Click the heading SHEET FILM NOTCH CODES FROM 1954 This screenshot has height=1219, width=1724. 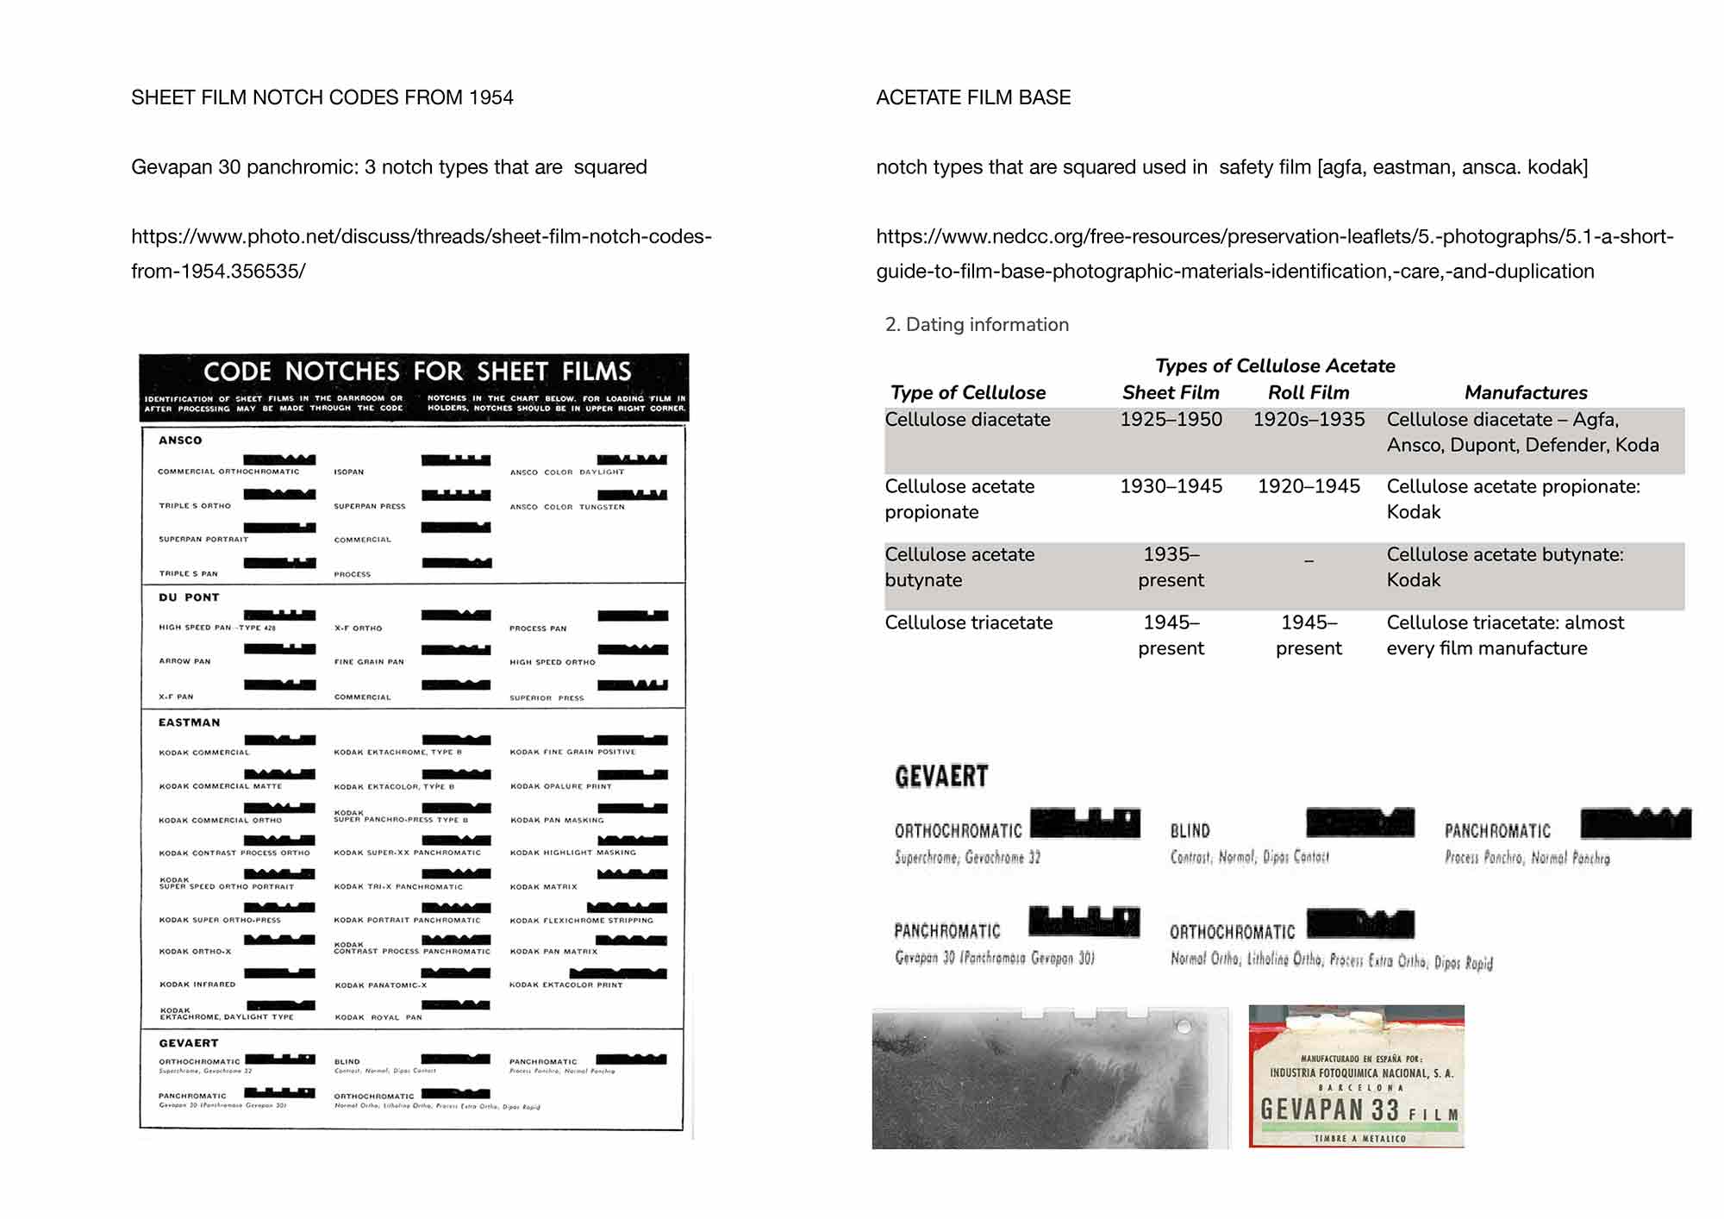coord(322,97)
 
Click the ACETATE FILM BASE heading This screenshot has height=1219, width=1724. coord(973,97)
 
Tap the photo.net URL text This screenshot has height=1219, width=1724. coord(421,253)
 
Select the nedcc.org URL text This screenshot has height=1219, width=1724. coord(1274,253)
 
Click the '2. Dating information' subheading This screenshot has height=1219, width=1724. coord(977,324)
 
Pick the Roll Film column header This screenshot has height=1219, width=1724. coord(1308,392)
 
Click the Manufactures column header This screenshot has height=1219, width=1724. coord(1525,392)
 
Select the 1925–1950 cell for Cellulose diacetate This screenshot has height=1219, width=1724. coord(1171,419)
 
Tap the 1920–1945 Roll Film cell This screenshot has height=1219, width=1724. coord(1308,486)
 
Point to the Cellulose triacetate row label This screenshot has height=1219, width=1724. coord(968,622)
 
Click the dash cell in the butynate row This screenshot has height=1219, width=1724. coord(1309,560)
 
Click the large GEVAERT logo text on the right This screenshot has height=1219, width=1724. coord(941,777)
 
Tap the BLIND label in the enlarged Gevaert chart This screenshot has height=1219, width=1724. coord(1190,831)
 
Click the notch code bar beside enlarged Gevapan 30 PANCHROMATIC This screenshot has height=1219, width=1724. coord(1084,922)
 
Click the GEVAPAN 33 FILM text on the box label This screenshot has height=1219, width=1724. coord(1358,1110)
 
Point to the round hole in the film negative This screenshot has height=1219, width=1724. coord(1184,1026)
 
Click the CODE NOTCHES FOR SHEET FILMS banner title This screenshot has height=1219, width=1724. coord(417,372)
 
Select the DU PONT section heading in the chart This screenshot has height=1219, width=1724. coord(189,597)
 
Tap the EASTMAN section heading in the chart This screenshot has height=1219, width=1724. coord(189,722)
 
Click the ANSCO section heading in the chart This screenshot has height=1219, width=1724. coord(180,441)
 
